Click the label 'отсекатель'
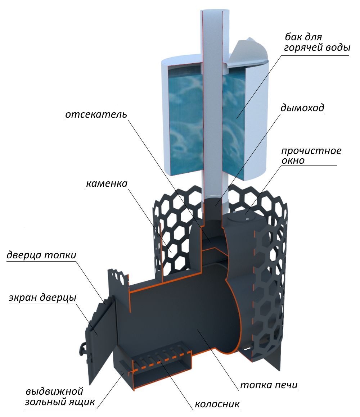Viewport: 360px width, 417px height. point(96,115)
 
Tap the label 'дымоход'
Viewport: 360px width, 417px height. point(302,108)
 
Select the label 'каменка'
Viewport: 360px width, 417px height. point(107,183)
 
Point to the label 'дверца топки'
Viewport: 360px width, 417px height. point(41,255)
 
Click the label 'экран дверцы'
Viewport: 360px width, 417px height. point(42,298)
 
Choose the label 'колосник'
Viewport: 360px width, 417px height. point(217,404)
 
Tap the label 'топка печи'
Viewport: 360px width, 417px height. point(269,385)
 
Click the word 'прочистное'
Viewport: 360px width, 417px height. point(311,151)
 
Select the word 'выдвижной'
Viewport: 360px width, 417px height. point(54,391)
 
